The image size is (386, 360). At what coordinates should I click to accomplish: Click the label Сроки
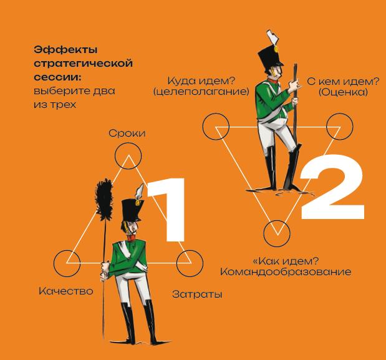click(127, 134)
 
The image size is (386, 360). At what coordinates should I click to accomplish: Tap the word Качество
click(66, 291)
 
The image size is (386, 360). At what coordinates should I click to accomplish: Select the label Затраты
click(197, 294)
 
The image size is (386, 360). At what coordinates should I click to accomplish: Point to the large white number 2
click(332, 187)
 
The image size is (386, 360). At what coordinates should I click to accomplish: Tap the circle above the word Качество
click(67, 250)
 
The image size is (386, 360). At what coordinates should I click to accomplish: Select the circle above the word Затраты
click(190, 250)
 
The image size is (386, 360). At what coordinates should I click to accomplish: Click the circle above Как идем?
click(277, 220)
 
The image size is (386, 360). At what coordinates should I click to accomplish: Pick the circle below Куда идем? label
click(216, 114)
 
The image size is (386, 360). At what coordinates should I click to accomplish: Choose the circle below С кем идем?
click(339, 114)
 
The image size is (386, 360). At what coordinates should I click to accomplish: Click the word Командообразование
click(286, 272)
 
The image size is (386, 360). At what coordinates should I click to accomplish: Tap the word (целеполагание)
click(201, 92)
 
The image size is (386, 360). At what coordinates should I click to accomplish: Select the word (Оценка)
click(343, 92)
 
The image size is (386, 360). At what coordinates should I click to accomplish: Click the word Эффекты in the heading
click(65, 50)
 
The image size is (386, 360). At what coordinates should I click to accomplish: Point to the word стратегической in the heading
click(83, 64)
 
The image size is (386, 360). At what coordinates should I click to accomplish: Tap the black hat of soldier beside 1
click(131, 210)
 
